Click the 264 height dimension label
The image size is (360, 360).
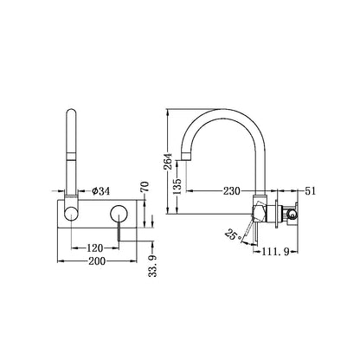[x=168, y=161]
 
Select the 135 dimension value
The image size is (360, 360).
[x=177, y=186]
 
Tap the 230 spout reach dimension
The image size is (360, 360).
[x=231, y=191]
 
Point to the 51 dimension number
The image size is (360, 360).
[x=311, y=191]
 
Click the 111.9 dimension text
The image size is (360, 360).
[x=275, y=252]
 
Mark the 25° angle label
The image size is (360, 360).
[x=233, y=235]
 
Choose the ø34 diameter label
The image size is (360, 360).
[x=101, y=191]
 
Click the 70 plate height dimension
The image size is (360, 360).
[x=145, y=187]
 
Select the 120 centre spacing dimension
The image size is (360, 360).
[x=95, y=247]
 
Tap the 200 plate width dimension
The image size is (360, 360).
[x=97, y=261]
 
